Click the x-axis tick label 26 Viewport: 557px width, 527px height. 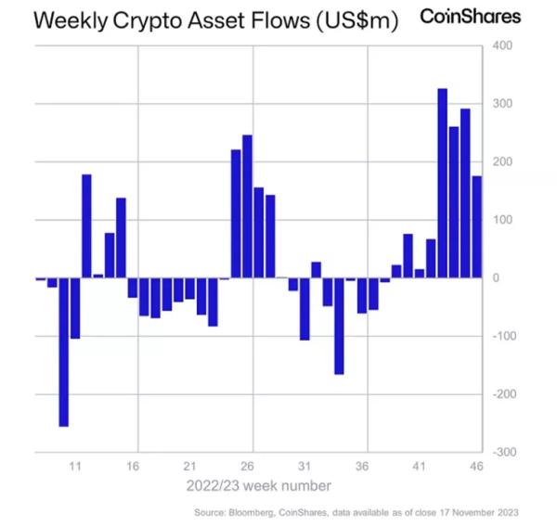pos(247,466)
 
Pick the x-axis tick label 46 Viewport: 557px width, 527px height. pos(476,466)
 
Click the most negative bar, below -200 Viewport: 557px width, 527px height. pos(64,352)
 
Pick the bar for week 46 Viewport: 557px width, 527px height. pos(476,226)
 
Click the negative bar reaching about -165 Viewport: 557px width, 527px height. pos(339,326)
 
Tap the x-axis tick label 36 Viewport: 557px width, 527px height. pos(362,466)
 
